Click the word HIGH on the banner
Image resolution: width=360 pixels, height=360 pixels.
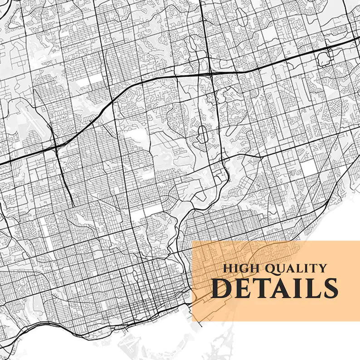[239, 268]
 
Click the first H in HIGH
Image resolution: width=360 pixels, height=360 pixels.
[226, 268]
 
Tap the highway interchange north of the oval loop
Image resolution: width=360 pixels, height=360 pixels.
[211, 73]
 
